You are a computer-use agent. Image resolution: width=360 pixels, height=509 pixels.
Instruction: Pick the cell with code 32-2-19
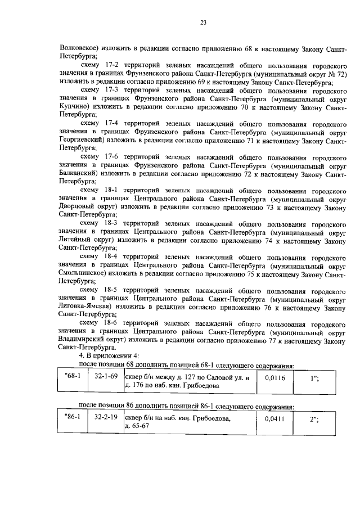106,418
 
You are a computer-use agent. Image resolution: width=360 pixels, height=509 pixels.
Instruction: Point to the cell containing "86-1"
74,418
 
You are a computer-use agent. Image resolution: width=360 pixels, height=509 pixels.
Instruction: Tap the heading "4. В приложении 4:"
105,355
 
